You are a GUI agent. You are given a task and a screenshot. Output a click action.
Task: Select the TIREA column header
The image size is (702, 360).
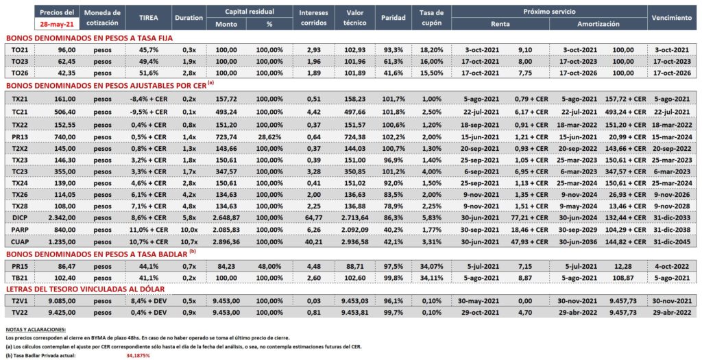148,18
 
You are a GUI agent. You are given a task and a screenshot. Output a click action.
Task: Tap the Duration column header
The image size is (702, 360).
189,18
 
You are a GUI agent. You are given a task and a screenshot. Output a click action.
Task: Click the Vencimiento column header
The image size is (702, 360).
672,18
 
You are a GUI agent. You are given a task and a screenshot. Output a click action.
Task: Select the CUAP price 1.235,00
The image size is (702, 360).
62,242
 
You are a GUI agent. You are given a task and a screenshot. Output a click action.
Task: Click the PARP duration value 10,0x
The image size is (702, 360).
189,230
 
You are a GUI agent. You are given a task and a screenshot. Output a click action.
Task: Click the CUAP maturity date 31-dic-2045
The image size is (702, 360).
672,242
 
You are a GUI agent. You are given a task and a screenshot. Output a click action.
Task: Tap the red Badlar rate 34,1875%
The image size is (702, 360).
136,355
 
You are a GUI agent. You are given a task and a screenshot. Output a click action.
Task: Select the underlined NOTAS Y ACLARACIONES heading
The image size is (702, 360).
36,330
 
